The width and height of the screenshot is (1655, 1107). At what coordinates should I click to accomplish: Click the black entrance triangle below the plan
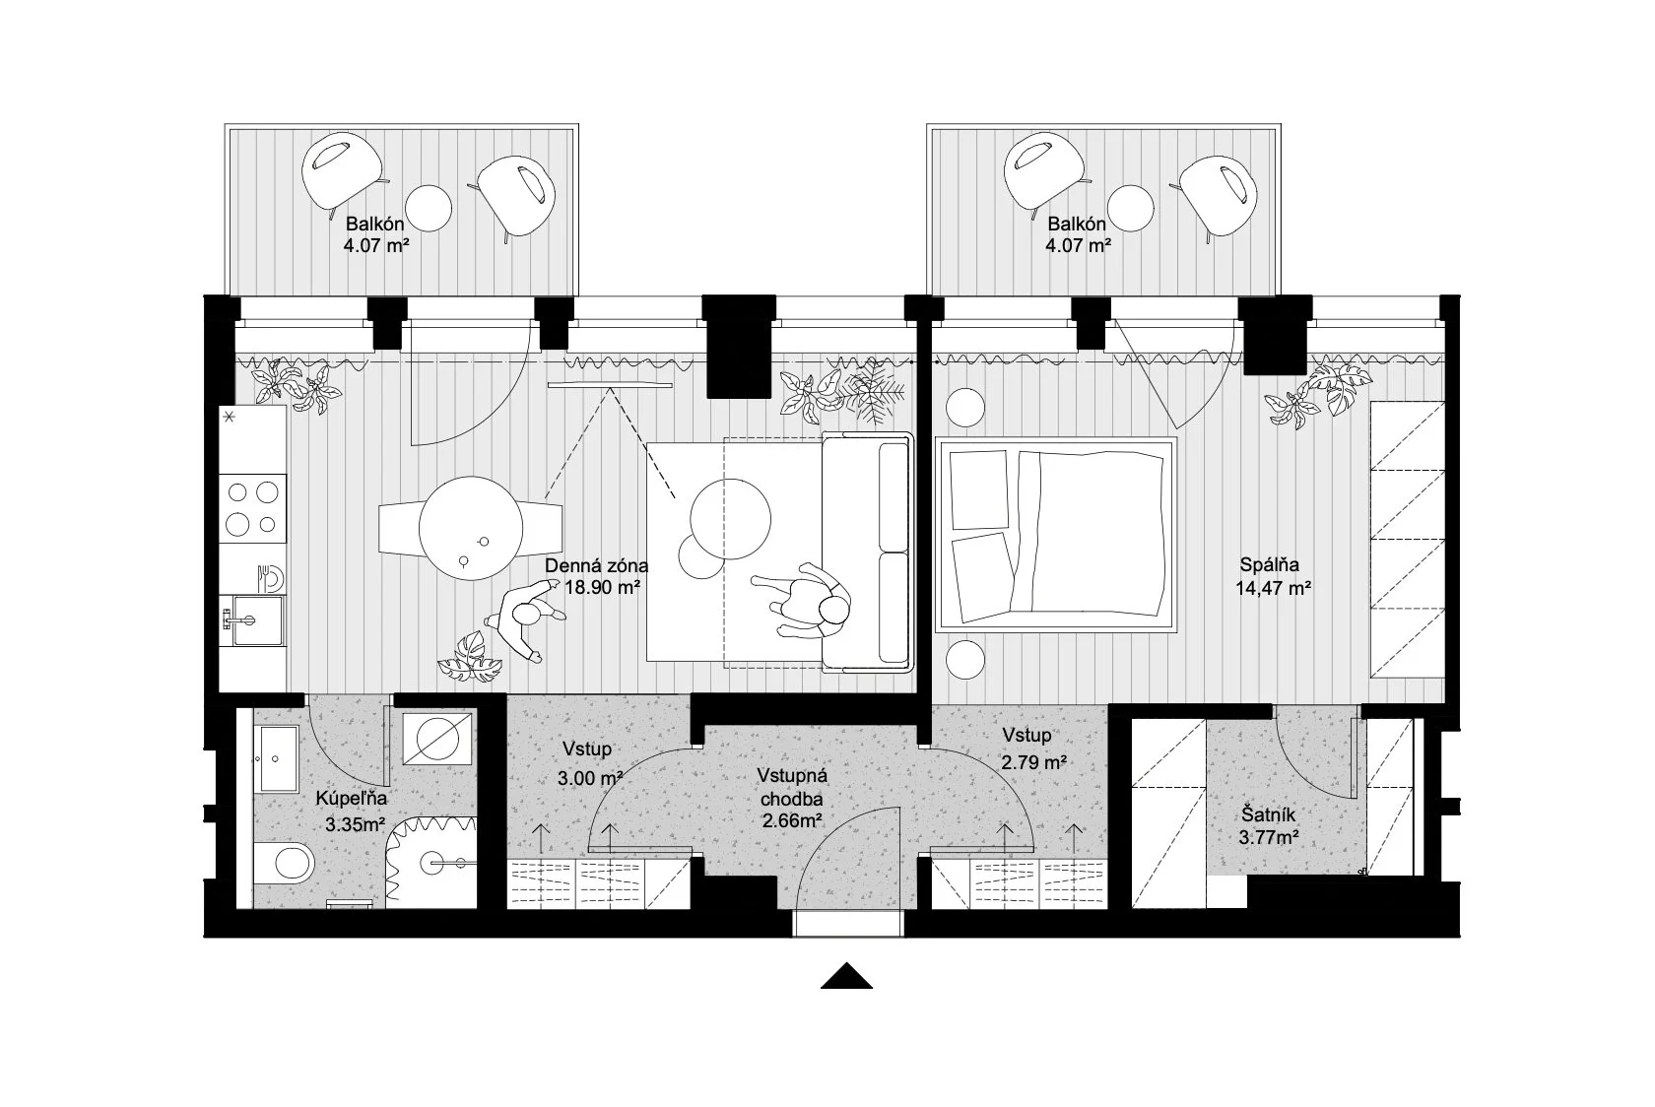pyautogui.click(x=847, y=976)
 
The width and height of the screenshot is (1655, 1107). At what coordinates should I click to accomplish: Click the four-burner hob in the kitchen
pyautogui.click(x=252, y=508)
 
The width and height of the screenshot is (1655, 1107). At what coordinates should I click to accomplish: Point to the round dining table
pyautogui.click(x=471, y=528)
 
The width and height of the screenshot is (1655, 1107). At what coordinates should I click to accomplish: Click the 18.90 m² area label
pyautogui.click(x=602, y=588)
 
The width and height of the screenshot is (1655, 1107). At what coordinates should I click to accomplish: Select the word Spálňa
pyautogui.click(x=1269, y=565)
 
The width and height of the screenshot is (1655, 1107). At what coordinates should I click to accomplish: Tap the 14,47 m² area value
pyautogui.click(x=1273, y=589)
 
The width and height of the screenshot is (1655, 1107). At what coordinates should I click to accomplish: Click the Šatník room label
pyautogui.click(x=1269, y=815)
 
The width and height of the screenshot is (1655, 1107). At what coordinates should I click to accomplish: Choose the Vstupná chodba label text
pyautogui.click(x=792, y=787)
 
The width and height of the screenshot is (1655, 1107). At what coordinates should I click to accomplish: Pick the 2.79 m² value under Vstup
pyautogui.click(x=1033, y=762)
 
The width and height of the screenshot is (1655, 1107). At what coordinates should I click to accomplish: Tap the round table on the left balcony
pyautogui.click(x=428, y=207)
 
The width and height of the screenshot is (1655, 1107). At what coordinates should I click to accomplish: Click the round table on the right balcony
pyautogui.click(x=1131, y=207)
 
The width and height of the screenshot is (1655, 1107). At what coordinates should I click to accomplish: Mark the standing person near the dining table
pyautogui.click(x=524, y=618)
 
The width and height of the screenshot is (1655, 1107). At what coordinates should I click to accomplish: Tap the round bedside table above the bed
pyautogui.click(x=965, y=407)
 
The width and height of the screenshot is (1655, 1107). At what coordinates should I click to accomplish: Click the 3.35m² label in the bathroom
pyautogui.click(x=356, y=824)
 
